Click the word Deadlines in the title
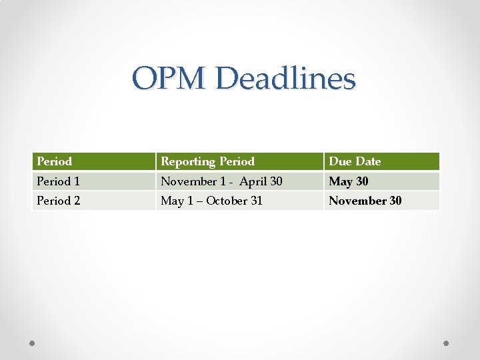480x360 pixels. point(286,79)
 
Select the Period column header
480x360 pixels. point(55,161)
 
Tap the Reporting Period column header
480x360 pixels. point(208,161)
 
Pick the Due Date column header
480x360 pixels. point(355,161)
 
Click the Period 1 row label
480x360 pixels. point(59,181)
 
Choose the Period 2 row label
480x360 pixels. point(59,201)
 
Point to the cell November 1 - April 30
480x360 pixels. point(221,181)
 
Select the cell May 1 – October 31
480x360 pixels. point(211,201)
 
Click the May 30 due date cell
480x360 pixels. point(349,181)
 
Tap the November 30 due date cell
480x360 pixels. point(365,201)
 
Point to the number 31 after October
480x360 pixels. point(255,201)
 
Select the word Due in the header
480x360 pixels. point(339,161)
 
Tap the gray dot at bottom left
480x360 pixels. point(33,343)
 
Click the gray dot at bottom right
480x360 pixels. point(447,343)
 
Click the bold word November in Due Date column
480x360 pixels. point(358,201)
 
